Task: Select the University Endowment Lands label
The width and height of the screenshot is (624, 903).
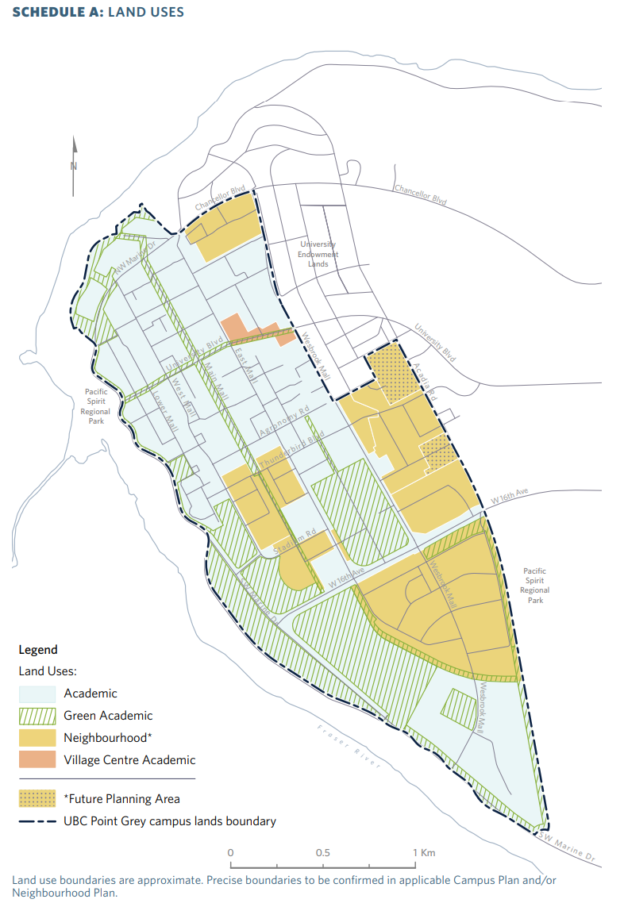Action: [318, 254]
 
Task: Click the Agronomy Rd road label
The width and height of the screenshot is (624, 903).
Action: [283, 422]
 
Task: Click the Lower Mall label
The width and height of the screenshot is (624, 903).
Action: [168, 412]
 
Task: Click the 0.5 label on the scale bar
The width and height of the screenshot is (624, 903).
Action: [322, 852]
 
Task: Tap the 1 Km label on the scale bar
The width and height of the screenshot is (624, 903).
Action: [424, 852]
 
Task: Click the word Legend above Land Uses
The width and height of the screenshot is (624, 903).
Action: [38, 649]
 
